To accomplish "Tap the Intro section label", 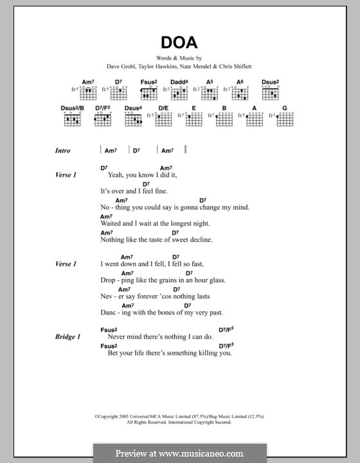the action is pos(62,150).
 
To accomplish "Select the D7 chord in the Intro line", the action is pos(136,150).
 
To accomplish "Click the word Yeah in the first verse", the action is pos(116,175).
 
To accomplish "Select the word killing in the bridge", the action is pos(206,353).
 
